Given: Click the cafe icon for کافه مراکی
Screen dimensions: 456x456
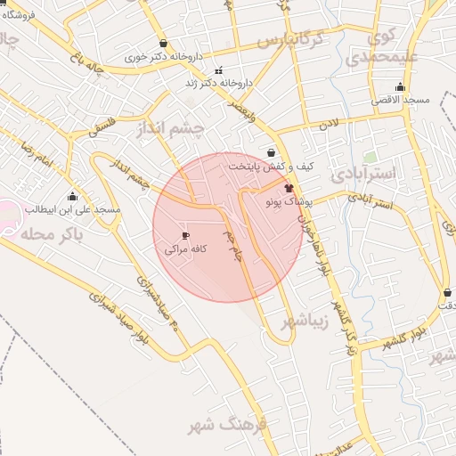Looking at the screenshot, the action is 184,236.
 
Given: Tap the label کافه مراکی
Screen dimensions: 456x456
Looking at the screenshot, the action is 185,249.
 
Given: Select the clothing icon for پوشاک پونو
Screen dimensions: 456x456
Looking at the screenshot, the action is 289,188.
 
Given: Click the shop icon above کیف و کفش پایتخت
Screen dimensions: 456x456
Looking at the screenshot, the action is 271,152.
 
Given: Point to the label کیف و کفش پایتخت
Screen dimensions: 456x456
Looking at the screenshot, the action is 271,166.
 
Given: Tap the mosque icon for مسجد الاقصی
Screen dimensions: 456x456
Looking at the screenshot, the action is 399,87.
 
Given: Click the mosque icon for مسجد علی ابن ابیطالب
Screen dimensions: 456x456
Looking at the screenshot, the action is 72,196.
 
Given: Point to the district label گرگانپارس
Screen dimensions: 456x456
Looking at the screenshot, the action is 301,41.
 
